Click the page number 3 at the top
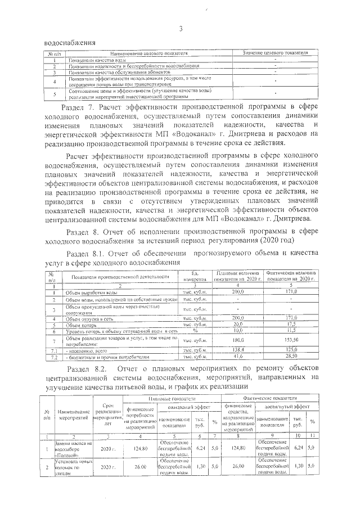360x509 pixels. pyautogui.click(x=181, y=29)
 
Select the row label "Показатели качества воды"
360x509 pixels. pyautogui.click(x=96, y=59)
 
